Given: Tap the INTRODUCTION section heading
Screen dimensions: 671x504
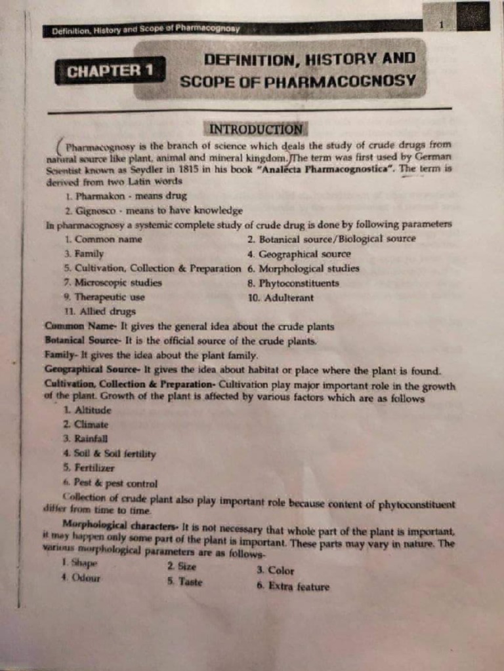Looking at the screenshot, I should (x=255, y=129).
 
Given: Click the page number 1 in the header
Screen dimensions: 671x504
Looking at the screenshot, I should (x=442, y=24).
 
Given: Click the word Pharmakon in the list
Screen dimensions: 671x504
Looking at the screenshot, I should (x=100, y=196).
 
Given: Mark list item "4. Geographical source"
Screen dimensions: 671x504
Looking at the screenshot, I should (x=299, y=254).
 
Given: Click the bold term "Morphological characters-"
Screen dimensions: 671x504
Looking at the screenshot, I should (x=119, y=525).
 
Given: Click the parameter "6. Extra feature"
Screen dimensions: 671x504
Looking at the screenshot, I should (x=293, y=586).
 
